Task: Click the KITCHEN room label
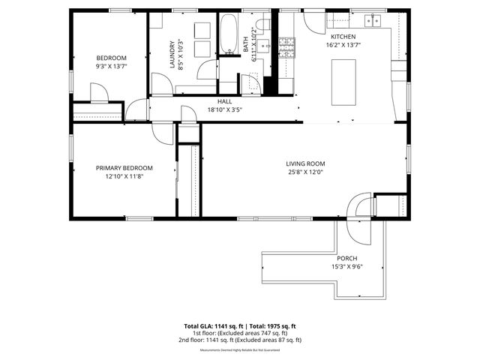[343, 36]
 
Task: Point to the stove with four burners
[287, 47]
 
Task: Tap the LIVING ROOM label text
[304, 163]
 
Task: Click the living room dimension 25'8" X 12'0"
[304, 172]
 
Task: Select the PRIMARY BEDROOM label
[124, 168]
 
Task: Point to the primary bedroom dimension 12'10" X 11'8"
[124, 176]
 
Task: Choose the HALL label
[225, 101]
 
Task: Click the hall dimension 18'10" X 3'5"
[225, 109]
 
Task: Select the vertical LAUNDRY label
[172, 54]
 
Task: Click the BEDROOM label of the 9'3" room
[111, 58]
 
